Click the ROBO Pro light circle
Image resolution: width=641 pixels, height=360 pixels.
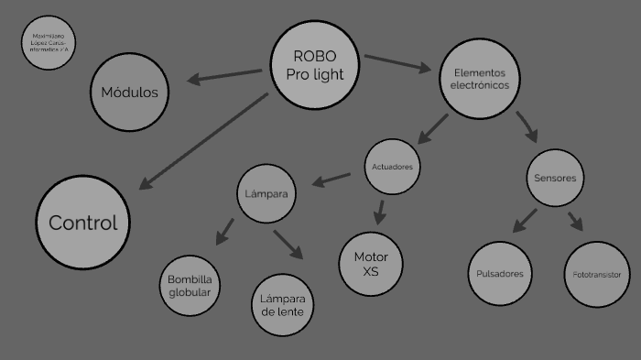314,65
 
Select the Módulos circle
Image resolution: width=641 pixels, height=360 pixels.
129,92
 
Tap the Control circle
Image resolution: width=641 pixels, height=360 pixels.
82,223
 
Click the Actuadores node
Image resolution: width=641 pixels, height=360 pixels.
392,167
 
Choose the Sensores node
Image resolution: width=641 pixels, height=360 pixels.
554,178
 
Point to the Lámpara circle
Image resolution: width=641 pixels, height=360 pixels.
266,193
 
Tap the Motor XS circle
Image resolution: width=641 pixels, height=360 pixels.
370,264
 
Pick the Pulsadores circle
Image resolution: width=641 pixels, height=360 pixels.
500,274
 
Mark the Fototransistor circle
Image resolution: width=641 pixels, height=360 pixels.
595,274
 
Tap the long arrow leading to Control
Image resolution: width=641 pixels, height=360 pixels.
207,141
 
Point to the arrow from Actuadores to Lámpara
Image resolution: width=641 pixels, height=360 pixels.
331,178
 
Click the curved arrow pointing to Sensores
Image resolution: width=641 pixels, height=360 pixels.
527,125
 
